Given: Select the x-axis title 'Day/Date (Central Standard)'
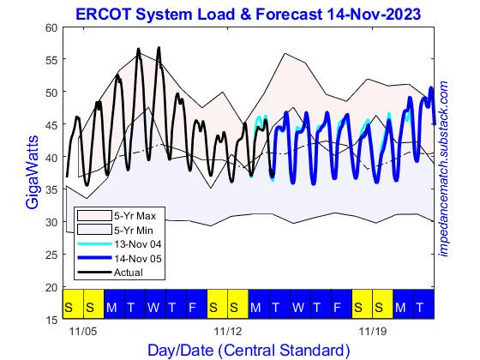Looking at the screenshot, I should (x=249, y=350).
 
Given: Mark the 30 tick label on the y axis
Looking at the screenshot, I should (x=51, y=223).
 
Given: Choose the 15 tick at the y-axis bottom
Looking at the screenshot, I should (x=51, y=320).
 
